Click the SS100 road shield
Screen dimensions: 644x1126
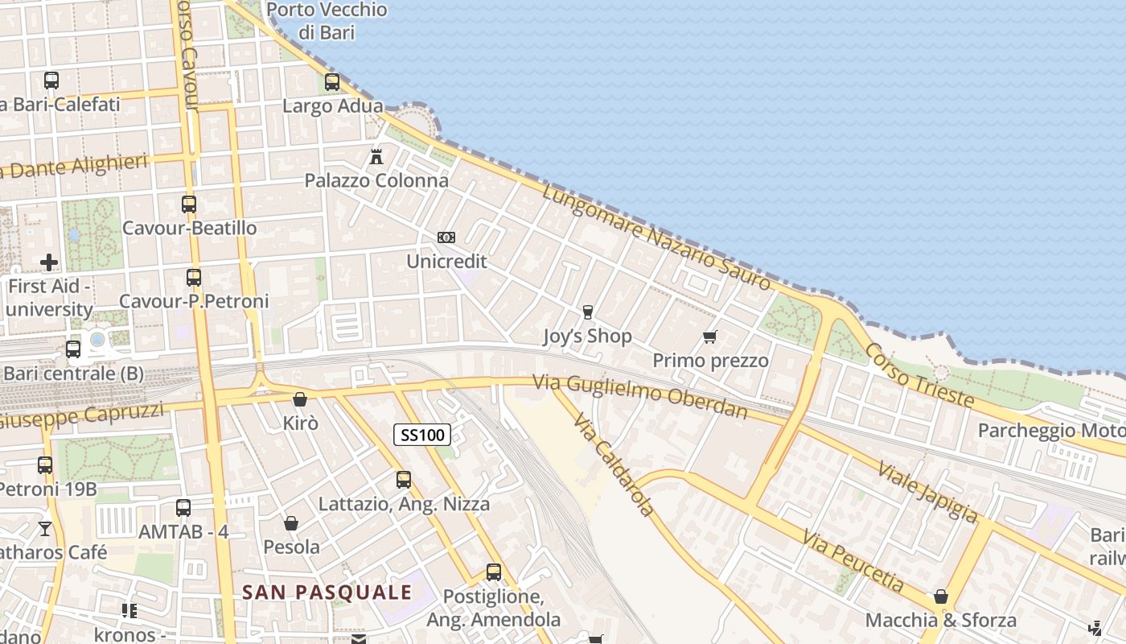(x=422, y=436)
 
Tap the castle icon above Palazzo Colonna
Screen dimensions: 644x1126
(x=376, y=156)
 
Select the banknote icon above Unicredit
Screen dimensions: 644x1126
(x=446, y=237)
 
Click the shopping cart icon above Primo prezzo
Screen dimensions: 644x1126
(x=709, y=336)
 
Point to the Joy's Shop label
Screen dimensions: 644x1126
(x=587, y=336)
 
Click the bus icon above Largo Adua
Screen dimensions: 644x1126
(x=332, y=82)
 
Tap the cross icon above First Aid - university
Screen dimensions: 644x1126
(x=49, y=262)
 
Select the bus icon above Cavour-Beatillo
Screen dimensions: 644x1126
(x=189, y=204)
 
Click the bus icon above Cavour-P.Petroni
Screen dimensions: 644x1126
(x=194, y=278)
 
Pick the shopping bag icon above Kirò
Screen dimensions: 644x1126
(x=300, y=399)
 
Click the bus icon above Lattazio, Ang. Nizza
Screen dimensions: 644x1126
(x=404, y=480)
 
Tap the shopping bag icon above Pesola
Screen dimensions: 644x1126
(x=291, y=523)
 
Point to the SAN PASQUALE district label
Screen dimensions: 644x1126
(x=327, y=592)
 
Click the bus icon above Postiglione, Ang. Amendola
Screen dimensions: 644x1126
(x=493, y=572)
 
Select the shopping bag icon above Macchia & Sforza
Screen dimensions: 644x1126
(x=940, y=597)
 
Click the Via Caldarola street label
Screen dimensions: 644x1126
(x=614, y=465)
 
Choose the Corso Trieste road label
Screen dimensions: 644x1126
(x=919, y=375)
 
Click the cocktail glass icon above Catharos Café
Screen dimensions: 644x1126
(x=45, y=528)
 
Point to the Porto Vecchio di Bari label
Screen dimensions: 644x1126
(x=327, y=21)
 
